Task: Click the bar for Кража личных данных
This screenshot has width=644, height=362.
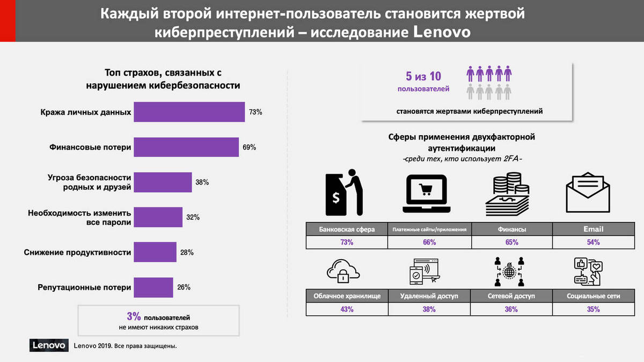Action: coord(189,112)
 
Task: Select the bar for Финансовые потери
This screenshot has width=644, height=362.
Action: coord(186,147)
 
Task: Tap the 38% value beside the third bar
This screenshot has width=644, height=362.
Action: coord(202,182)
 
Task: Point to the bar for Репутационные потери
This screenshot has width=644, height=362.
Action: coord(153,287)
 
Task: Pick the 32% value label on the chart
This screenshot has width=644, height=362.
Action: coord(193,217)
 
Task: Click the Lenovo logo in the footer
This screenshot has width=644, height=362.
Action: coord(48,345)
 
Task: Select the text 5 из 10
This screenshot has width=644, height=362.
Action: coord(423,76)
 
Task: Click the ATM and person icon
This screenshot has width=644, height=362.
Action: coord(344,193)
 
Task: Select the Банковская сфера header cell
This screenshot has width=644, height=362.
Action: coord(346,229)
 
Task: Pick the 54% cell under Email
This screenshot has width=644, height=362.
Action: coord(593,242)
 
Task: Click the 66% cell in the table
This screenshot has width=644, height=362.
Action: coord(429,242)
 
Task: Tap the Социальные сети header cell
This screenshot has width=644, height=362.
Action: coord(593,296)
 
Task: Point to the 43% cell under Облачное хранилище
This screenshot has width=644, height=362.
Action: coord(346,309)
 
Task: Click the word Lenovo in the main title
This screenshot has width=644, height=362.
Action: coord(443,32)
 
